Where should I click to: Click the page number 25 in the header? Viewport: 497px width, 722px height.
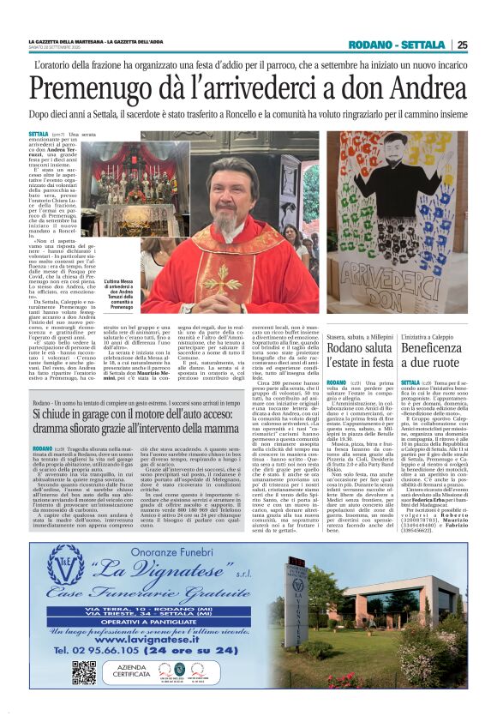[462, 45]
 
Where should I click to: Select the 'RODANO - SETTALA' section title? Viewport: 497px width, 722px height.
[403, 45]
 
